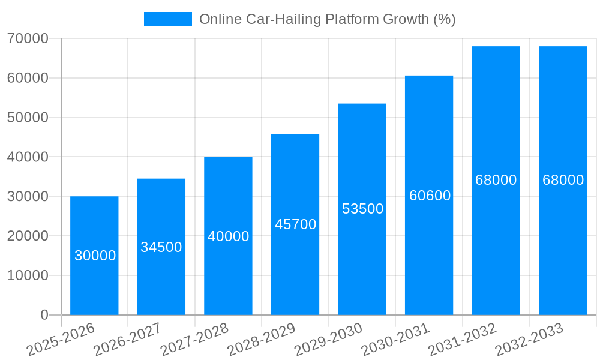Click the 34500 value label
(x=161, y=247)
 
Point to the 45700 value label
(x=295, y=224)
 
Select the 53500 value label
(x=362, y=209)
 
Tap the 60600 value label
(x=430, y=196)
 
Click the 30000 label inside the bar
(x=95, y=256)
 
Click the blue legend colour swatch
(x=167, y=19)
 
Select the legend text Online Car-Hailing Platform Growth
(x=327, y=19)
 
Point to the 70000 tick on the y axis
(x=28, y=38)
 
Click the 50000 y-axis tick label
(x=28, y=118)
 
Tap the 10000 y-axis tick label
(x=28, y=275)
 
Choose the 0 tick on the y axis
(x=44, y=315)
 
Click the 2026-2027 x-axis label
(x=128, y=340)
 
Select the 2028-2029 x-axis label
(x=262, y=340)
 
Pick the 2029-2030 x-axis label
(x=329, y=340)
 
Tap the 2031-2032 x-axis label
(x=463, y=340)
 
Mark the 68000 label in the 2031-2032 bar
(x=496, y=180)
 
